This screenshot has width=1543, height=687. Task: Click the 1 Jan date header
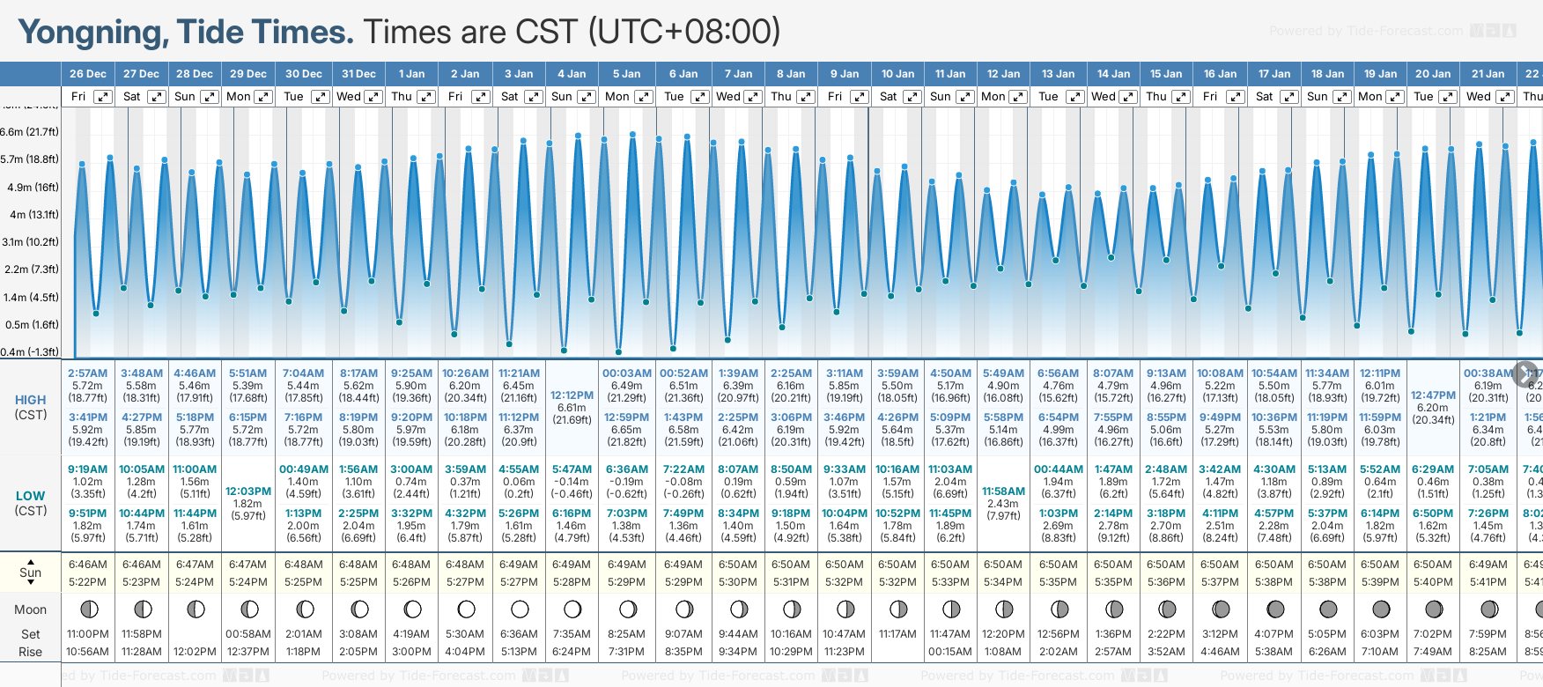tap(411, 74)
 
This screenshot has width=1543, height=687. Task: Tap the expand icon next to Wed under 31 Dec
tap(373, 97)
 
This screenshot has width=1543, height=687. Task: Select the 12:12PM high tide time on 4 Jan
tap(572, 395)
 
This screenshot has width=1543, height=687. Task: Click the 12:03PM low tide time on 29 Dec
tap(248, 491)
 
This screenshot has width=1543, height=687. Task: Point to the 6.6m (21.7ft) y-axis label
tap(30, 132)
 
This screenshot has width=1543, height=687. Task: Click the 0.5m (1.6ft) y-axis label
tap(31, 325)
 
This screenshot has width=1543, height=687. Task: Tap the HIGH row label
tap(31, 400)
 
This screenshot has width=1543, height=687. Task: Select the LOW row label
tap(31, 496)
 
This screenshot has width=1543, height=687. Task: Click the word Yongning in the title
tap(93, 33)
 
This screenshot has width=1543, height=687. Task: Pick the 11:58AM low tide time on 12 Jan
tap(1003, 491)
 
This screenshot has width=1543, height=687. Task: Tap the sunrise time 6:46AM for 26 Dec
tap(88, 565)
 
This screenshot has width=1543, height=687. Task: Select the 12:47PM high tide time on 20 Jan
tap(1433, 395)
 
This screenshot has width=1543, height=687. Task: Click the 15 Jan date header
tap(1166, 74)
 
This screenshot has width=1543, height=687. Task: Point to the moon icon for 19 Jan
tap(1381, 609)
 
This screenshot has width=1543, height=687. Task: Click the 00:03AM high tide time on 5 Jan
tap(627, 373)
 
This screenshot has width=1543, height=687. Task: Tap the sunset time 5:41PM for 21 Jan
tap(1488, 582)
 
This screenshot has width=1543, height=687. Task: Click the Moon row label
tap(31, 609)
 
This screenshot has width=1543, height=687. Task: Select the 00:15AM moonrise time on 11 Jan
tap(950, 652)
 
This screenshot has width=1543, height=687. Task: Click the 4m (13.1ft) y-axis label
tap(31, 215)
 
